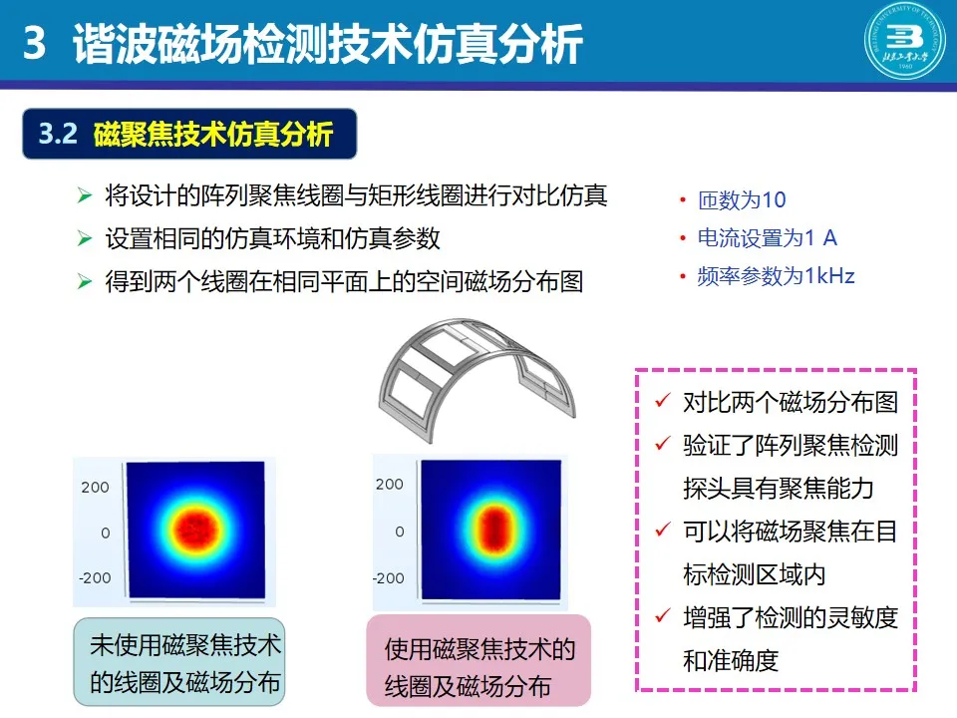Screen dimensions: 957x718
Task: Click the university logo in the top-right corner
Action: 904,40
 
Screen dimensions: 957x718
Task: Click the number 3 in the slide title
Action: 34,43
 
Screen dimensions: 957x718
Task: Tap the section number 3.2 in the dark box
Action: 58,134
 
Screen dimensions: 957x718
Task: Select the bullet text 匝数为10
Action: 742,199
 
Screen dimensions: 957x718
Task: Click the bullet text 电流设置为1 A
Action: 768,237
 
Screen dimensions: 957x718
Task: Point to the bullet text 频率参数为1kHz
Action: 776,276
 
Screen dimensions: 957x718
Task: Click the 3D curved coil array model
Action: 477,379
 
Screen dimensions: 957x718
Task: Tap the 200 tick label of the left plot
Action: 96,488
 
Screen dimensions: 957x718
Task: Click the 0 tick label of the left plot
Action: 106,533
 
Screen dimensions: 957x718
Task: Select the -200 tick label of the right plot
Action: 389,577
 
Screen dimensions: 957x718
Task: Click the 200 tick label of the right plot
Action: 390,485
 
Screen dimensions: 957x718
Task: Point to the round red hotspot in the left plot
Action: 194,529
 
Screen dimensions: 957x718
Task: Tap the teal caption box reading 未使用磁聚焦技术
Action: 178,662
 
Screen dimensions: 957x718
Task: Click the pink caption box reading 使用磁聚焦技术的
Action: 478,660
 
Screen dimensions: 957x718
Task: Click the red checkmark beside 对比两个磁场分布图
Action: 664,400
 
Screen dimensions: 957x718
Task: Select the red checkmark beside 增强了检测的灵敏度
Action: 664,615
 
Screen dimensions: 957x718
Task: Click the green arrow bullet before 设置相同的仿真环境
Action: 84,238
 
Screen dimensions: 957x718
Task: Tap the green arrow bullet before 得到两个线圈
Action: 84,281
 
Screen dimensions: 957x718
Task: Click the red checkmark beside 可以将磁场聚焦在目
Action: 664,529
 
